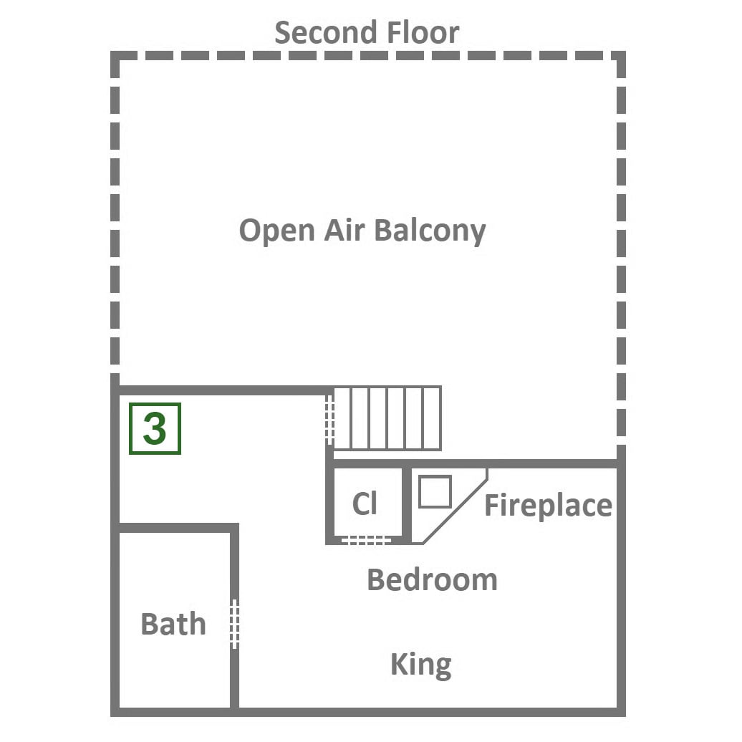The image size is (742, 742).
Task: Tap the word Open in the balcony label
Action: pyautogui.click(x=277, y=231)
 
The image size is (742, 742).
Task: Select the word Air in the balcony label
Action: pyautogui.click(x=344, y=230)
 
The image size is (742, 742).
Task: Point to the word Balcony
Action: pyautogui.click(x=430, y=231)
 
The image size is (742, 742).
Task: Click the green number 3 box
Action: pyautogui.click(x=155, y=429)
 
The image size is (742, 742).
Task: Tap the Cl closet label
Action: pyautogui.click(x=365, y=503)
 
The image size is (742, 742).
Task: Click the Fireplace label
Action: pyautogui.click(x=549, y=506)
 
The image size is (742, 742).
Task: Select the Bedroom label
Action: pyautogui.click(x=433, y=579)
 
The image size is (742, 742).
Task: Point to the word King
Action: pyautogui.click(x=421, y=665)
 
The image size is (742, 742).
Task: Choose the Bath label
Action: pyautogui.click(x=173, y=624)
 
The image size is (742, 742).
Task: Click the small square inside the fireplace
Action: pyautogui.click(x=435, y=491)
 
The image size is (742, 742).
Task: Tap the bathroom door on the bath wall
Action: pyautogui.click(x=234, y=624)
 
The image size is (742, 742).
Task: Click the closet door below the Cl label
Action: pyautogui.click(x=366, y=540)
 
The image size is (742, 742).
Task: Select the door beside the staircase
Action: pyautogui.click(x=330, y=420)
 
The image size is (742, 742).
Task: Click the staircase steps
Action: pyautogui.click(x=387, y=418)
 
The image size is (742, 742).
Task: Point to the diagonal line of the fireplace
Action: pyautogui.click(x=456, y=506)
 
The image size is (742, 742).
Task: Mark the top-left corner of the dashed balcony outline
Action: pyautogui.click(x=115, y=55)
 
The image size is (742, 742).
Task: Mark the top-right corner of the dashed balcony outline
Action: pyautogui.click(x=622, y=55)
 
